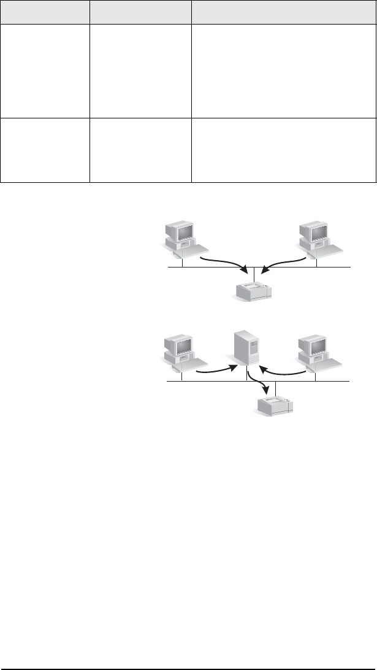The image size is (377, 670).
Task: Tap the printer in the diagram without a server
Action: (254, 291)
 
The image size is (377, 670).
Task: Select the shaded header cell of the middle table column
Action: (140, 12)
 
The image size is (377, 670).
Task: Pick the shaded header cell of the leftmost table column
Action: (45, 12)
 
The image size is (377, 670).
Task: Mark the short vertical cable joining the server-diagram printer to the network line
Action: (276, 388)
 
